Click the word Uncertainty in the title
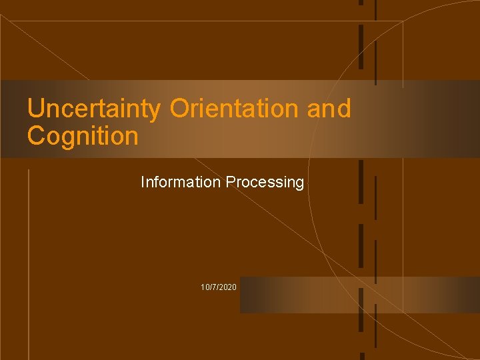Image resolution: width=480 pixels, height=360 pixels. (93, 109)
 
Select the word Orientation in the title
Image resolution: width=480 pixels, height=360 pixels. (235, 109)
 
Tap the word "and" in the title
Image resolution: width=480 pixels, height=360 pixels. (329, 109)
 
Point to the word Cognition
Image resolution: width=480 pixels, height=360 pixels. (83, 136)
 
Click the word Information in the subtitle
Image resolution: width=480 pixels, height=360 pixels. (181, 182)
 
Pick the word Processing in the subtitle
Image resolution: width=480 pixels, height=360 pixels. (265, 182)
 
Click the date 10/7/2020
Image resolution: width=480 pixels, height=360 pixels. (218, 287)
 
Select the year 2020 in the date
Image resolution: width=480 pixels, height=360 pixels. (227, 287)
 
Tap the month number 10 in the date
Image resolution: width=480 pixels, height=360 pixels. (205, 287)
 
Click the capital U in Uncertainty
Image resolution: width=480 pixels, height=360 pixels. (35, 109)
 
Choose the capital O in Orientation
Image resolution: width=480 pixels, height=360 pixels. (180, 109)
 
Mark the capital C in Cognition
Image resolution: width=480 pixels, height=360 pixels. (37, 136)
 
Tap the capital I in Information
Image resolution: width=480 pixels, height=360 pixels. (143, 182)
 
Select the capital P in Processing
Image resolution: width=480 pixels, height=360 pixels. (230, 182)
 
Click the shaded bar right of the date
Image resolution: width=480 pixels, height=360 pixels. (360, 295)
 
